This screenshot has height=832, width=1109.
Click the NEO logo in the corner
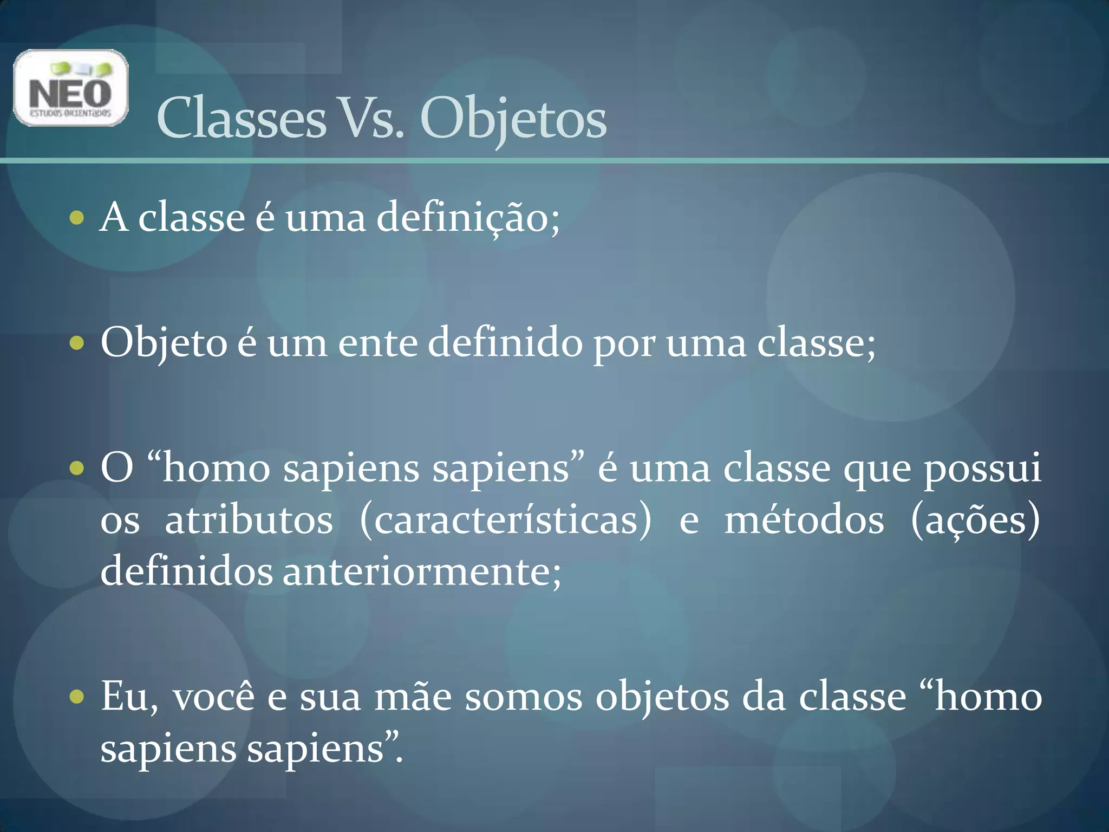click(x=70, y=88)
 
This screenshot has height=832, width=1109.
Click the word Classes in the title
click(x=241, y=119)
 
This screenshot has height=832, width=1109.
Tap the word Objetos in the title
click(x=513, y=119)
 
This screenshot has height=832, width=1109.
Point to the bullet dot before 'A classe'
click(x=77, y=218)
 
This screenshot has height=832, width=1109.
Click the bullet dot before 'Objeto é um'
click(x=77, y=343)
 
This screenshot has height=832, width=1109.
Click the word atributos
click(x=249, y=521)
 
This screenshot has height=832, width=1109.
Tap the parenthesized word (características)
click(x=506, y=521)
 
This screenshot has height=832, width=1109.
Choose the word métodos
click(x=804, y=521)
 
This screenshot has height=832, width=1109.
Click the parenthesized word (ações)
click(x=975, y=521)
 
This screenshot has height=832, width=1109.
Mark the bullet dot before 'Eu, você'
click(x=77, y=697)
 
